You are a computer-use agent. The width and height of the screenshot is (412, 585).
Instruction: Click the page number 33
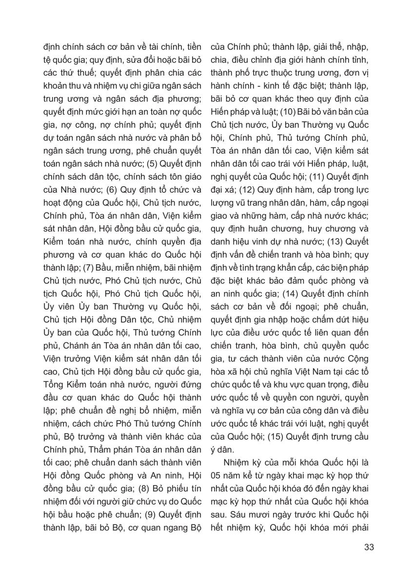pyautogui.click(x=369, y=546)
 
